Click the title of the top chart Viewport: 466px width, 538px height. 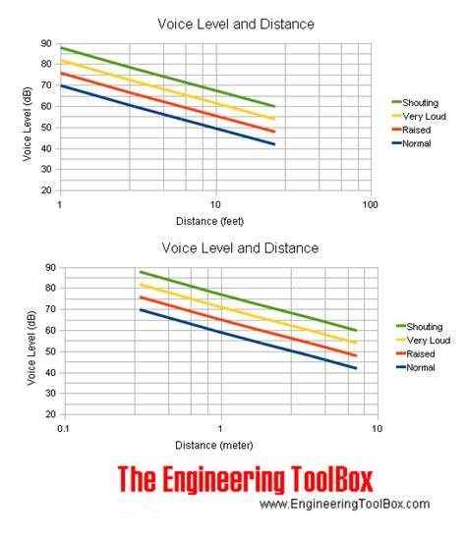point(236,25)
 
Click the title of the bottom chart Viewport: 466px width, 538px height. point(240,248)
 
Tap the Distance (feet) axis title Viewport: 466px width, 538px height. point(210,221)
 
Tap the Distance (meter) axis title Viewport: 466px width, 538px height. point(214,446)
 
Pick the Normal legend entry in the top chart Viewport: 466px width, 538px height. point(411,143)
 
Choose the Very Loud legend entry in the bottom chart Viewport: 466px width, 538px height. point(423,341)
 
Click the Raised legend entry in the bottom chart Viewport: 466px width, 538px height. point(416,353)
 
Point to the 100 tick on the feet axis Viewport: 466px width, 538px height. point(370,205)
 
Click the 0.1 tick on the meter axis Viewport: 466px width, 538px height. point(63,429)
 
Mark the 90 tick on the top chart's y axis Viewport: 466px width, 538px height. point(46,43)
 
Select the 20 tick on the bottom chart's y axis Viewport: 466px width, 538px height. point(50,414)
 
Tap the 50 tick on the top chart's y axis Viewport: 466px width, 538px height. point(46,128)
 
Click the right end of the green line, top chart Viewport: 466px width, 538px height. point(275,106)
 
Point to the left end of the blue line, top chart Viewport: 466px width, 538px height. point(61,85)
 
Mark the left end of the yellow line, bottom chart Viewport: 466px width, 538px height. point(141,285)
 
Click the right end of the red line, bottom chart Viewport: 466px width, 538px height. point(356,355)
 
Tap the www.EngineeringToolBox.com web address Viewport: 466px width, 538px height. point(345,504)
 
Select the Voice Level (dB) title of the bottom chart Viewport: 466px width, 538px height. point(31,348)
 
